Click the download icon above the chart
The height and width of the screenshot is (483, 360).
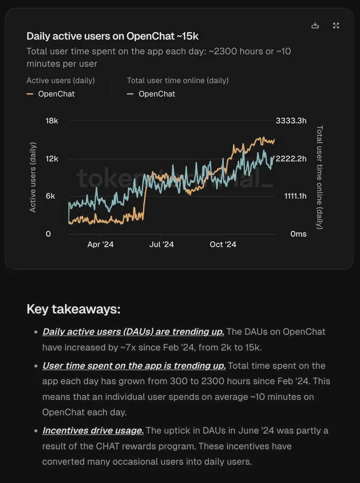(x=315, y=26)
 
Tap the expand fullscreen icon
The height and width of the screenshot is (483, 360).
(x=336, y=26)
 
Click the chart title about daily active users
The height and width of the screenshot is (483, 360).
(x=113, y=36)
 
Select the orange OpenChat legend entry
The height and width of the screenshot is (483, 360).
(x=51, y=94)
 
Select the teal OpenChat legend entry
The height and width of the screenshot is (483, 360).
(x=151, y=94)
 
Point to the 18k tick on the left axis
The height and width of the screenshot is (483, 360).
(x=52, y=121)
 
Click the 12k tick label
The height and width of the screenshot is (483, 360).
(x=52, y=159)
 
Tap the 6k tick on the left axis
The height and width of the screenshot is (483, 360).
(x=50, y=196)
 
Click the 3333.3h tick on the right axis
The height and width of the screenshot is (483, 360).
(x=291, y=121)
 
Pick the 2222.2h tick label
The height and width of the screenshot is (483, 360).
(x=291, y=159)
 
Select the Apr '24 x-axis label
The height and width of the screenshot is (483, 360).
(x=100, y=245)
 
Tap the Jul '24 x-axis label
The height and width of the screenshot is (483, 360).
(x=161, y=245)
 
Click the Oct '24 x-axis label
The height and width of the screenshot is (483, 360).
(x=223, y=245)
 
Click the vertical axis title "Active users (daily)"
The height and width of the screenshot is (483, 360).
(x=33, y=177)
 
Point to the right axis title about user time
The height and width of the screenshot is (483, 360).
(x=320, y=177)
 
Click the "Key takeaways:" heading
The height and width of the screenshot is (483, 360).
(x=74, y=309)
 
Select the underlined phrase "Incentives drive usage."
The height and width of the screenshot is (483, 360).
(x=93, y=430)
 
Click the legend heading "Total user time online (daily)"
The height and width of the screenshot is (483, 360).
(x=178, y=80)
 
